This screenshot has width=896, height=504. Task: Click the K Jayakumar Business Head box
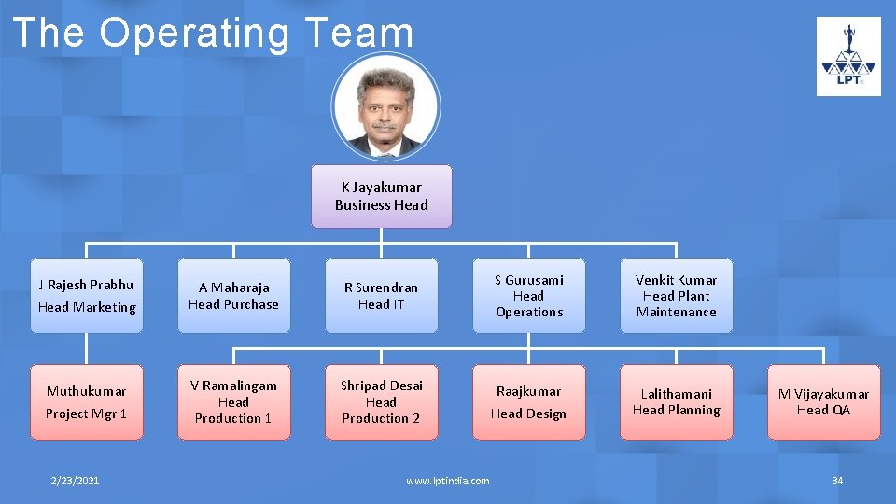381,196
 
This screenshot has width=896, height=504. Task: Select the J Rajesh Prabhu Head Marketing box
87,296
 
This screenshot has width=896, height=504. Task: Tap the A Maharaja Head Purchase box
233,296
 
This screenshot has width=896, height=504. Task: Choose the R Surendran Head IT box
381,296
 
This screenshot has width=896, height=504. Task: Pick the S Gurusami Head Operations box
528,296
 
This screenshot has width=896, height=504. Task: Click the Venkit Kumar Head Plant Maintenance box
676,296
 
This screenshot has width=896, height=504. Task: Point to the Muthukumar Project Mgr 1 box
87,402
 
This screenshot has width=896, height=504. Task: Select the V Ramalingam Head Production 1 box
233,402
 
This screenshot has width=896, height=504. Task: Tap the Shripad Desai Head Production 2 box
381,402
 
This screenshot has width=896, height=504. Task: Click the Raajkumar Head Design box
528,402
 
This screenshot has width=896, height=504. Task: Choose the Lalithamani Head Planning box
676,402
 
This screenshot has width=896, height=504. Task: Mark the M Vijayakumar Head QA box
823,402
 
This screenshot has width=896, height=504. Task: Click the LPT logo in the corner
848,56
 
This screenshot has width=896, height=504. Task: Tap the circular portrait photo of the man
384,105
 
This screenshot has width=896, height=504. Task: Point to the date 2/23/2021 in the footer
75,481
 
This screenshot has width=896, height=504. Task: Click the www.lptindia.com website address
447,481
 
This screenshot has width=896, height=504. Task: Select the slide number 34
837,481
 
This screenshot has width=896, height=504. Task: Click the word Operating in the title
194,34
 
